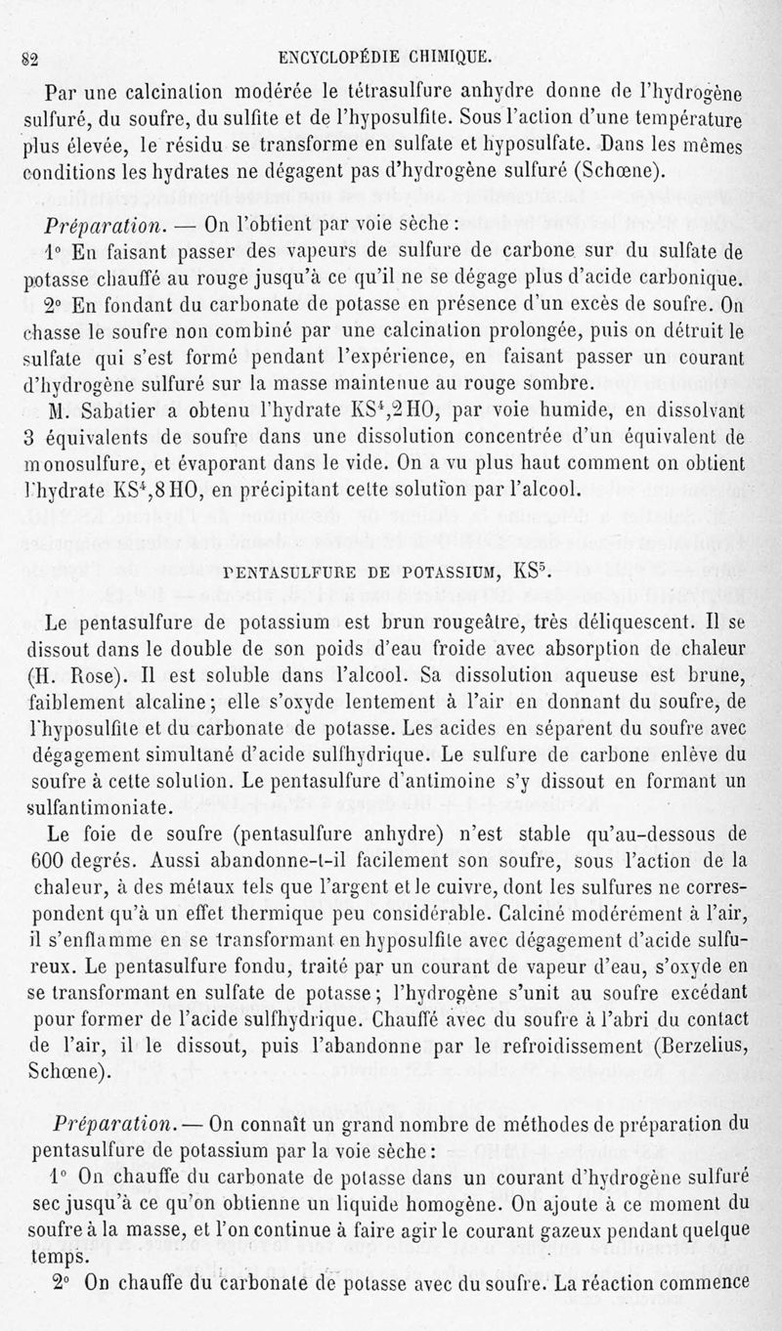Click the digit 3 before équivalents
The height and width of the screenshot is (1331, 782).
(30, 435)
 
